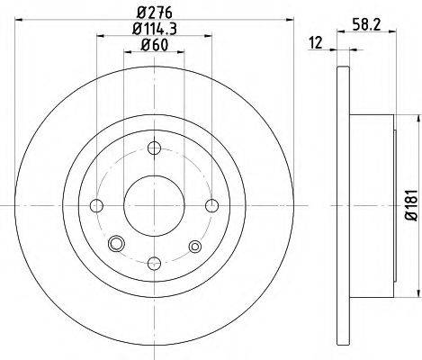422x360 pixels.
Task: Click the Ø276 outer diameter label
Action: click(x=154, y=12)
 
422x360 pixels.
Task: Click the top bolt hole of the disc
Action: click(x=154, y=148)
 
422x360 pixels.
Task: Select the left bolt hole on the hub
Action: click(x=97, y=205)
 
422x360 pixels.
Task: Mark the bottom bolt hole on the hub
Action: click(x=154, y=262)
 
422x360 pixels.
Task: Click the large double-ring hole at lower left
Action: click(x=115, y=245)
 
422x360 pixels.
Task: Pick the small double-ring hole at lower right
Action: click(x=193, y=245)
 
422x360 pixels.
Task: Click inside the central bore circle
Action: click(x=154, y=205)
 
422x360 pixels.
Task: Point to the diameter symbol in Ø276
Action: click(x=139, y=12)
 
